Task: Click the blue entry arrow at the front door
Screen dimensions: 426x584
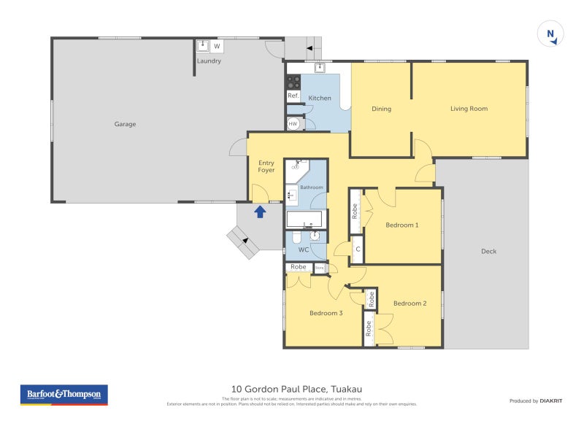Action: pyautogui.click(x=260, y=212)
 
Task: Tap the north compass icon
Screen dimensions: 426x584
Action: pyautogui.click(x=550, y=34)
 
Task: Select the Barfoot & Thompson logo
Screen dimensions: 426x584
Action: pyautogui.click(x=64, y=395)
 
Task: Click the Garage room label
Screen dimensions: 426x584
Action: pyautogui.click(x=125, y=124)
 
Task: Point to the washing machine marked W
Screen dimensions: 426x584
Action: pyautogui.click(x=217, y=47)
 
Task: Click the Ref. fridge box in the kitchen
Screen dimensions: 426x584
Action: pyautogui.click(x=293, y=96)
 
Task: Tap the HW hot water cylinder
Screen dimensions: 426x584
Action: pyautogui.click(x=293, y=124)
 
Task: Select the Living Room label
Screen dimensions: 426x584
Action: pyautogui.click(x=469, y=109)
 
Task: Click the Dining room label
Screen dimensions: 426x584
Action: pyautogui.click(x=381, y=109)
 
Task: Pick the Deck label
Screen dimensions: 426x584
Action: pyautogui.click(x=488, y=251)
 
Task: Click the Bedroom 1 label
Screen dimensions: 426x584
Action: pyautogui.click(x=401, y=225)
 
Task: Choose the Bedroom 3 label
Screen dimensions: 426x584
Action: pyautogui.click(x=326, y=313)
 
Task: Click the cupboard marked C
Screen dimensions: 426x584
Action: pyautogui.click(x=358, y=249)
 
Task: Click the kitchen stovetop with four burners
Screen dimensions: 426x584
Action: pyautogui.click(x=293, y=80)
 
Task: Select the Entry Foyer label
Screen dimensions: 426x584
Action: pyautogui.click(x=266, y=166)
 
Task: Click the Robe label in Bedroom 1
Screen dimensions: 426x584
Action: pyautogui.click(x=356, y=211)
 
